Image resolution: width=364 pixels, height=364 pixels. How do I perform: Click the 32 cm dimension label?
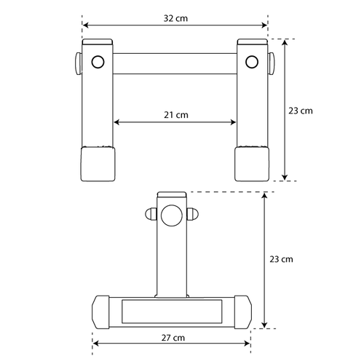point(175,16)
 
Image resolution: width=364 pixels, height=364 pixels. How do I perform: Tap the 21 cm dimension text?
point(175,114)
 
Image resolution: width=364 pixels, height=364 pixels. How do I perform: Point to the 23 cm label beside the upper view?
point(300,111)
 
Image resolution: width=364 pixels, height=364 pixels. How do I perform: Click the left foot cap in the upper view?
point(98,164)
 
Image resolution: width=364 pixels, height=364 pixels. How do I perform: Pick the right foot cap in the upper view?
point(252,164)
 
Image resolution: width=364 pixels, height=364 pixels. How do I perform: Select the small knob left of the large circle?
point(151,214)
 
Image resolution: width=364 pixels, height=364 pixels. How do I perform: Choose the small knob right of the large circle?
point(193,214)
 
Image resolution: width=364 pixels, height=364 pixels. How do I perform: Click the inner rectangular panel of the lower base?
point(172,311)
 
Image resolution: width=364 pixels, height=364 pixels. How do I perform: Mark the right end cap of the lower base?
point(242,311)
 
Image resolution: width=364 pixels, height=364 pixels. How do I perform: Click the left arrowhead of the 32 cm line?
point(85,25)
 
